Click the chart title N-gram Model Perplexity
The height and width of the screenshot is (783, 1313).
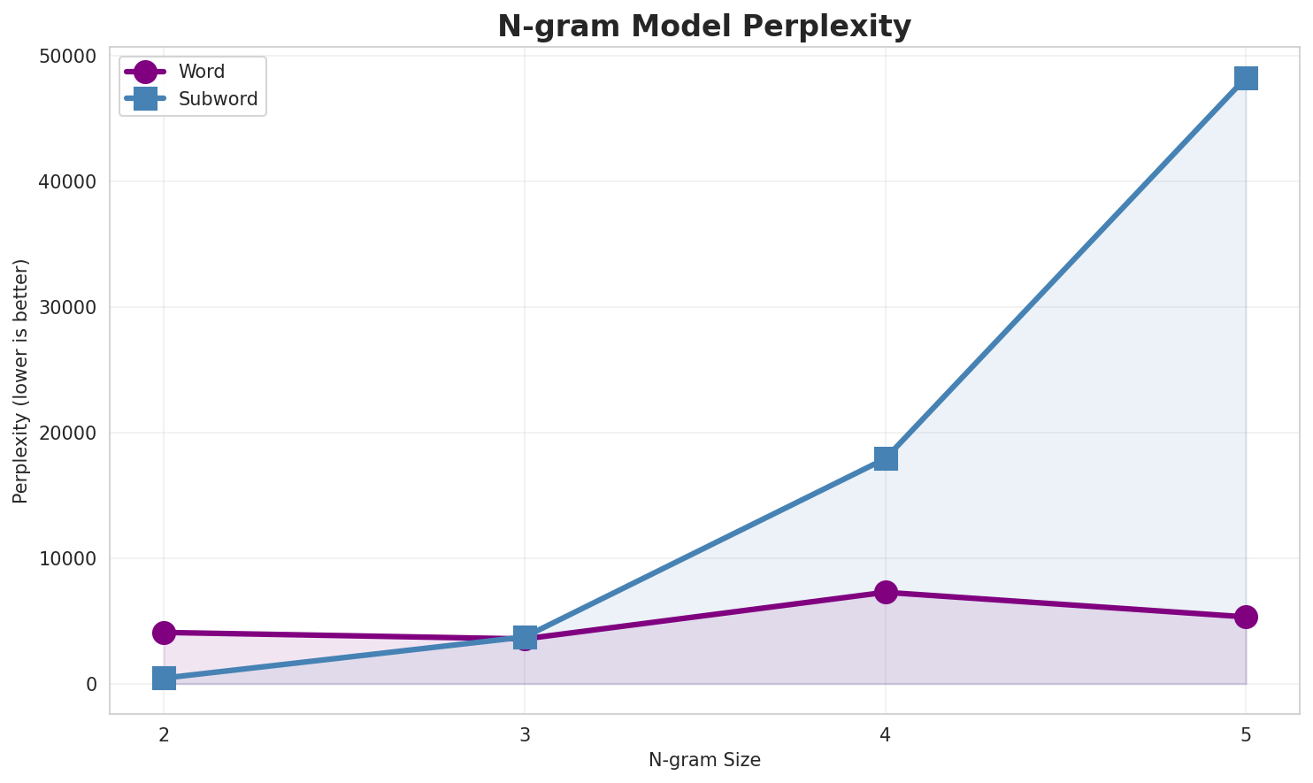click(x=703, y=27)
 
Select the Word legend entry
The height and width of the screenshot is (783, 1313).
click(x=201, y=73)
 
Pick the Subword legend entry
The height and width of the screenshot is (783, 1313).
click(x=218, y=99)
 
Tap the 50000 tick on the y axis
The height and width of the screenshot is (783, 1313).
click(x=67, y=57)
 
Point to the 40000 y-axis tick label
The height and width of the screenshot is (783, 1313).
click(x=67, y=182)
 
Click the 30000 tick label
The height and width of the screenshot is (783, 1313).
click(x=67, y=308)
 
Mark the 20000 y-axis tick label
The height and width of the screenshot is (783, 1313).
click(x=67, y=434)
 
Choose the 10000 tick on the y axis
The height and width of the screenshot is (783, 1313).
click(x=67, y=559)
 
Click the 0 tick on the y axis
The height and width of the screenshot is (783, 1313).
click(x=91, y=685)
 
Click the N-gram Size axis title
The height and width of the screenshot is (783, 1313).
click(x=704, y=760)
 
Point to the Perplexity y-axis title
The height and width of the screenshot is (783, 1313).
click(x=21, y=380)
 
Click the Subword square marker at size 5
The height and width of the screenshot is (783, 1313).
click(x=1246, y=78)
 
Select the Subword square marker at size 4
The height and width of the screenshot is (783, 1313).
click(x=886, y=458)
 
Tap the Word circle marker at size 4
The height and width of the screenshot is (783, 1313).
click(x=886, y=592)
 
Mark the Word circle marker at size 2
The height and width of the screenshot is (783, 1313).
click(x=164, y=633)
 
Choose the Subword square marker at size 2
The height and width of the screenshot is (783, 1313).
click(x=164, y=679)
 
